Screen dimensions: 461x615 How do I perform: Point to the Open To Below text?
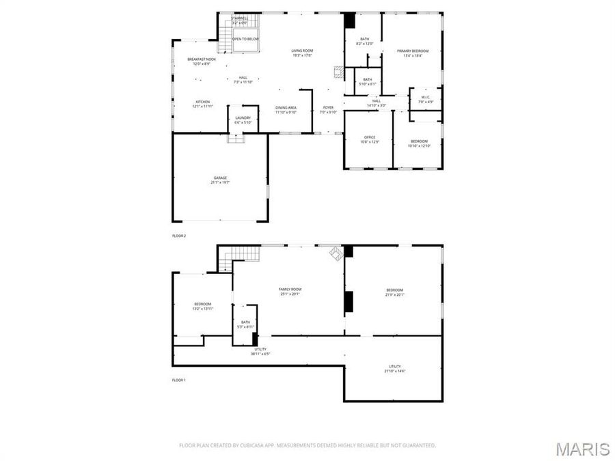(245, 39)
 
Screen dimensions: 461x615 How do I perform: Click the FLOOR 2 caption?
(179, 236)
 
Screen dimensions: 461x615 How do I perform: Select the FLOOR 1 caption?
(179, 380)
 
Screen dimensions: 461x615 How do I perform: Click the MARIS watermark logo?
(582, 449)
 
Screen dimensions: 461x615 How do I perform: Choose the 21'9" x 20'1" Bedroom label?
(395, 292)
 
